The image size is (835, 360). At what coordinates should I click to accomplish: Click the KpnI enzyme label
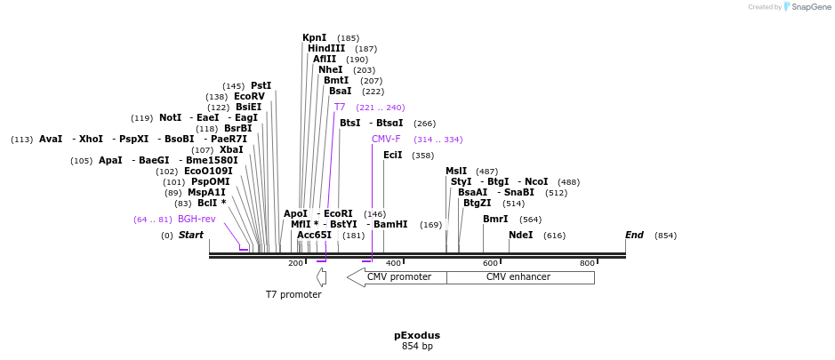314,38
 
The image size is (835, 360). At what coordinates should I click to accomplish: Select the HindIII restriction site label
326,49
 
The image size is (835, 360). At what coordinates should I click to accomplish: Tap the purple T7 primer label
340,108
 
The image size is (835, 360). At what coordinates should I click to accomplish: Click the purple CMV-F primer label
386,140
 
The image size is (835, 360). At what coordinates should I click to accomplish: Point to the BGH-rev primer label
197,220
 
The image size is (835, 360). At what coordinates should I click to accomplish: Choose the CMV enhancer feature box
519,277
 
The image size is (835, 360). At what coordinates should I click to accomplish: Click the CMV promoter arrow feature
397,277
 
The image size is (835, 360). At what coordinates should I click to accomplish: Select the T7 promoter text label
293,294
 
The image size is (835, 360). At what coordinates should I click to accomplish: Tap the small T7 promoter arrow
322,277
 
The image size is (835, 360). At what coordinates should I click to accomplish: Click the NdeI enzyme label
520,236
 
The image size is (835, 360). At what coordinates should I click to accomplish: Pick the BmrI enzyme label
495,220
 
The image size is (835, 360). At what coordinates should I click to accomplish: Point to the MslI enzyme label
456,172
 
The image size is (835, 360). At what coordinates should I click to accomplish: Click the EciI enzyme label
392,156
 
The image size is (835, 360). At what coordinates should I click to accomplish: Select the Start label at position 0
190,236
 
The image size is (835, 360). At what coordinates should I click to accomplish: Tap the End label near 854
634,236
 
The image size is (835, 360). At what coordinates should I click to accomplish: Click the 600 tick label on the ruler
490,263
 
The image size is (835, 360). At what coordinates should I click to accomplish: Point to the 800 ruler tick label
587,263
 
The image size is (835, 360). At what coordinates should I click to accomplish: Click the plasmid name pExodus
417,336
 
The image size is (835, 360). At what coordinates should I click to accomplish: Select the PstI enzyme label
261,86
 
